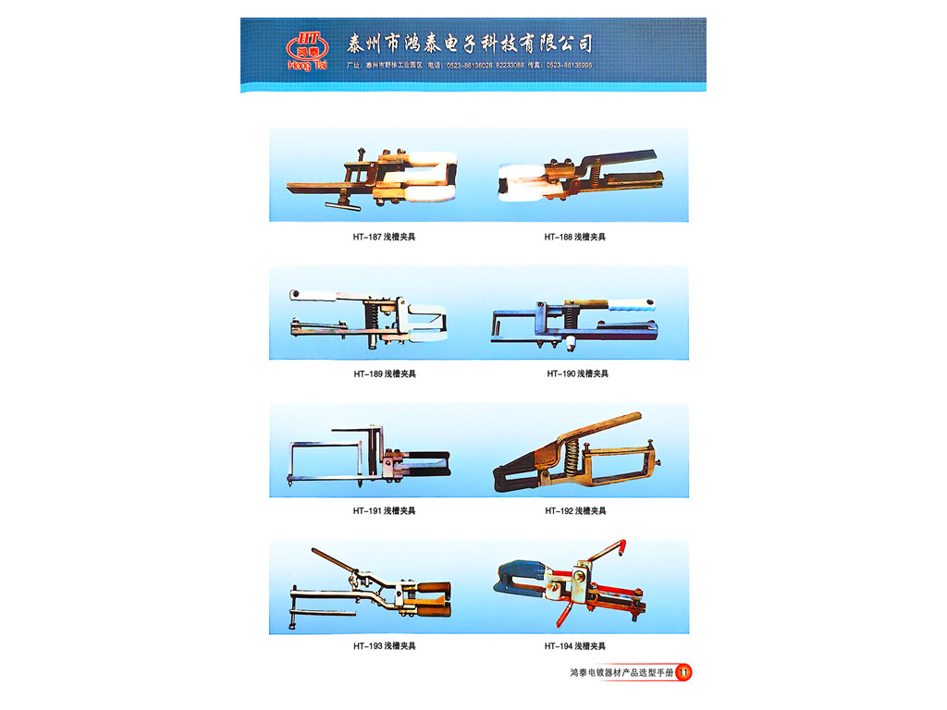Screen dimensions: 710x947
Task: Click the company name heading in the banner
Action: (x=469, y=43)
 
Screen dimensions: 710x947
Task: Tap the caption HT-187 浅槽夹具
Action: (x=384, y=238)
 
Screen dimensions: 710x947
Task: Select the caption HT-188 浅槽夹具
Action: (x=574, y=238)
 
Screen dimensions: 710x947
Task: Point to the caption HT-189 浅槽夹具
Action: (x=384, y=374)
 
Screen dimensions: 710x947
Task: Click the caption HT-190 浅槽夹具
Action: (x=577, y=374)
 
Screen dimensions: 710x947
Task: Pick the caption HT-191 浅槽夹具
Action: (x=384, y=511)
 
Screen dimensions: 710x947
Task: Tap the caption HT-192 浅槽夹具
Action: (x=574, y=511)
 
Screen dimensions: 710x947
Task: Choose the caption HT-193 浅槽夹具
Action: (x=384, y=646)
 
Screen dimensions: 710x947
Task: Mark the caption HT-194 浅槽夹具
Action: (x=574, y=646)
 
